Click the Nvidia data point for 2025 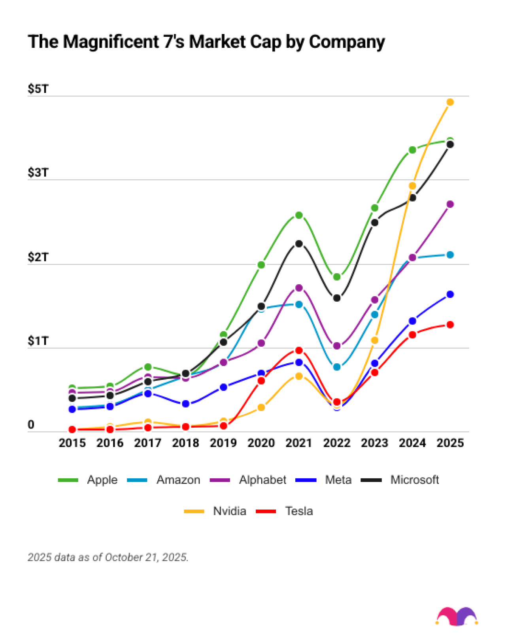[450, 102]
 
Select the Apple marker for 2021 [299, 215]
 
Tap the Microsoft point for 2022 [337, 298]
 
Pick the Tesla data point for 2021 [299, 350]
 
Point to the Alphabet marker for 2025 [450, 204]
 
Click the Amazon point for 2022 [337, 367]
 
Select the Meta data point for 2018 [185, 404]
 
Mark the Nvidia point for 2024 [412, 185]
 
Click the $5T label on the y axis [38, 89]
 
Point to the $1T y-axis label [38, 341]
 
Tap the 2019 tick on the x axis [223, 443]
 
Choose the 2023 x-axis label [374, 443]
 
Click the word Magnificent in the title [111, 42]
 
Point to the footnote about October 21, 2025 [108, 557]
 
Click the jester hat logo [457, 616]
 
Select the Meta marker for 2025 [450, 294]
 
